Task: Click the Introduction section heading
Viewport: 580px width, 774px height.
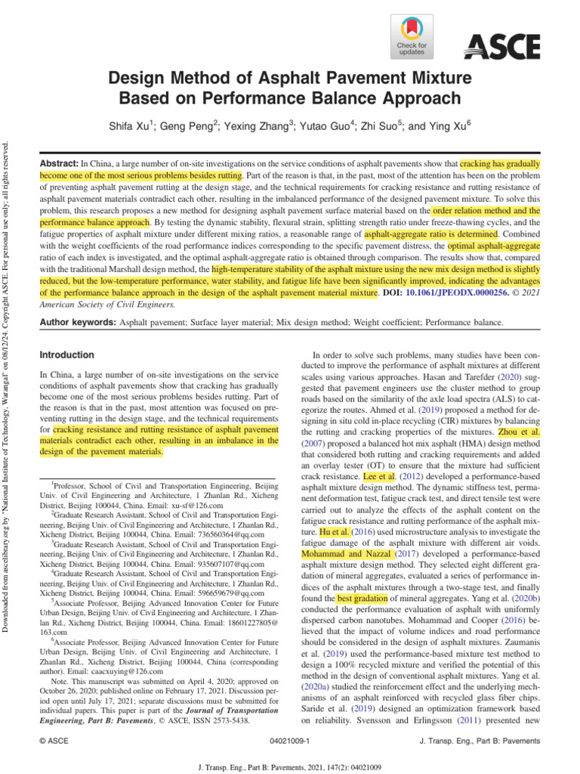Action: [x=67, y=354]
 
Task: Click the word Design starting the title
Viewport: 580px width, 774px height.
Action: [x=137, y=77]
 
